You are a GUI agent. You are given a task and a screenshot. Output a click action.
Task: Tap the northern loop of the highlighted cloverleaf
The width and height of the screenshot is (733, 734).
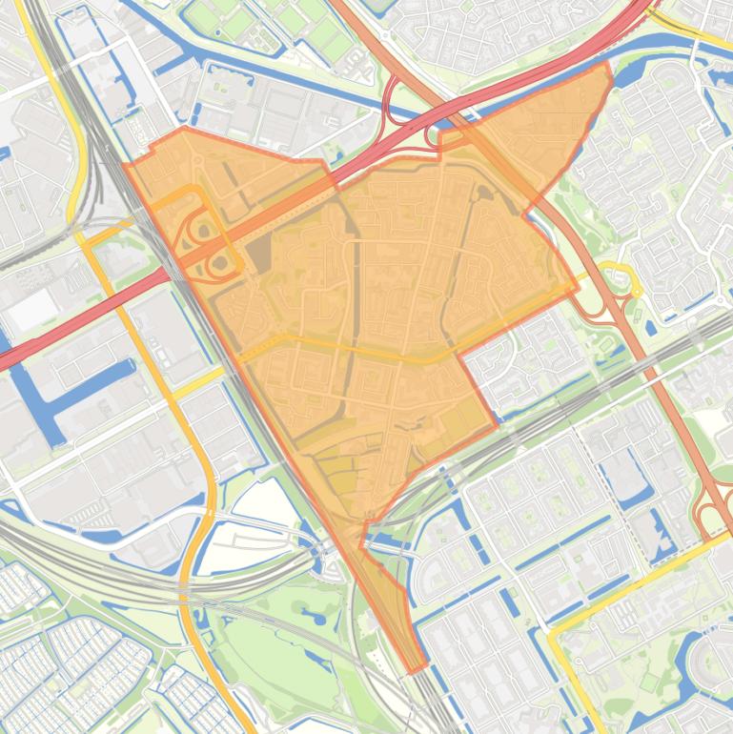[202, 229]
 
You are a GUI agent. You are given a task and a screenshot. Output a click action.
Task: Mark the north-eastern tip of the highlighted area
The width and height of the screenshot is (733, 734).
[607, 65]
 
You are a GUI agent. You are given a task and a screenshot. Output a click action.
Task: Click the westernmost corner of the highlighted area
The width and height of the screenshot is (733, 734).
[124, 166]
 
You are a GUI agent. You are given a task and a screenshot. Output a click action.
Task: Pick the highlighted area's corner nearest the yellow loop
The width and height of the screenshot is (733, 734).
[578, 284]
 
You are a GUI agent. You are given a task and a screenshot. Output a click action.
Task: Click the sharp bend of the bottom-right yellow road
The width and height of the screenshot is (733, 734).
[551, 630]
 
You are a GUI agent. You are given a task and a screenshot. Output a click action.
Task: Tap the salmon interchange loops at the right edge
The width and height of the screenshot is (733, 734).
[715, 515]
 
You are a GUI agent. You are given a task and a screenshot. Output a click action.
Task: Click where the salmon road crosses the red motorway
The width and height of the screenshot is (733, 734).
[457, 112]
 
